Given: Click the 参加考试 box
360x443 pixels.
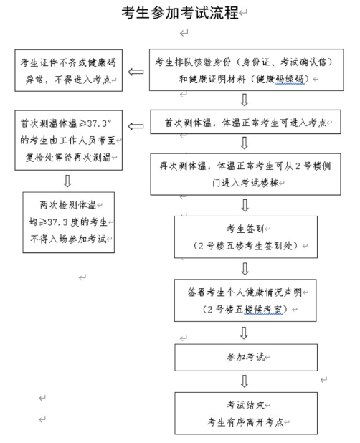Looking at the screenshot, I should pyautogui.click(x=244, y=356).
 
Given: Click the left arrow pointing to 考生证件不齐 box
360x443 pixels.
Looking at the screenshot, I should pyautogui.click(x=135, y=71).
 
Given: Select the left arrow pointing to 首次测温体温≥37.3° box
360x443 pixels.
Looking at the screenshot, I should pyautogui.click(x=135, y=127).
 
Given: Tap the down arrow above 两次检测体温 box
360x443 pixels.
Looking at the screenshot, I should pyautogui.click(x=67, y=179).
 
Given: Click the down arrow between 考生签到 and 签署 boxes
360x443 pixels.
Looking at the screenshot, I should pyautogui.click(x=245, y=268).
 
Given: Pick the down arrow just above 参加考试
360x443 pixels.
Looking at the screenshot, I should pyautogui.click(x=244, y=333).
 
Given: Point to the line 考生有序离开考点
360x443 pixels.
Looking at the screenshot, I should pyautogui.click(x=245, y=421).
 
